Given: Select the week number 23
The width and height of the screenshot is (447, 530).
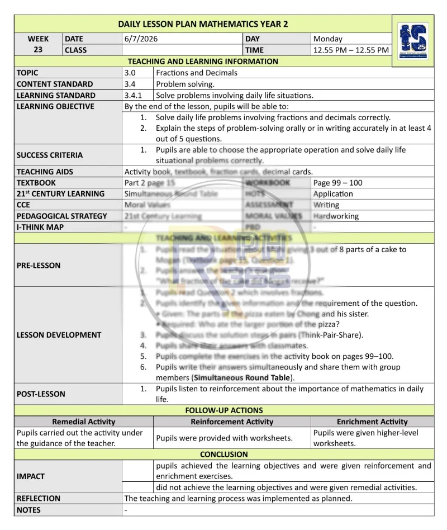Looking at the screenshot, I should (38, 50).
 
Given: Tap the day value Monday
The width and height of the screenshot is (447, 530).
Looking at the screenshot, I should (328, 39).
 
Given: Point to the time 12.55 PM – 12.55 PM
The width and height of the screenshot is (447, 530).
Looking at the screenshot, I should (351, 50).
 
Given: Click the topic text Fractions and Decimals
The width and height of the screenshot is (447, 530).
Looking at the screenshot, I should (197, 73).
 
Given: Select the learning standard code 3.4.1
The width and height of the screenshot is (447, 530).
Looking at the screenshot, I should (134, 95).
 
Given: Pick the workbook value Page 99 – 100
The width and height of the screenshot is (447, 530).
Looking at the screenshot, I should (337, 183).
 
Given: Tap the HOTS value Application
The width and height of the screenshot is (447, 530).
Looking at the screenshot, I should (333, 194).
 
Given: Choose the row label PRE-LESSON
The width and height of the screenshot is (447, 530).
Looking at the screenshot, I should (39, 266).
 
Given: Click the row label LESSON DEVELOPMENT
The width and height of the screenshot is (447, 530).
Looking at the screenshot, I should (59, 335).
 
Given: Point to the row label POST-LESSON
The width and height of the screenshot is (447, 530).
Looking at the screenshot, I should (41, 394).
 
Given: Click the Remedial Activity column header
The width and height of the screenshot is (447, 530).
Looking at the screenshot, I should (84, 422).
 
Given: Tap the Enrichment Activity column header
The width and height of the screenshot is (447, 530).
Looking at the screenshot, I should (372, 422).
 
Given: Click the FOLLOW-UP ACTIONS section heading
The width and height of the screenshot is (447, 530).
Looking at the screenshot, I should (224, 410).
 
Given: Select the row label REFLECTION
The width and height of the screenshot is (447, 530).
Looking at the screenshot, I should (39, 498).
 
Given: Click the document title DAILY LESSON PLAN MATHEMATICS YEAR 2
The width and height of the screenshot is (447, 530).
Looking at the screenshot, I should (203, 24).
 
